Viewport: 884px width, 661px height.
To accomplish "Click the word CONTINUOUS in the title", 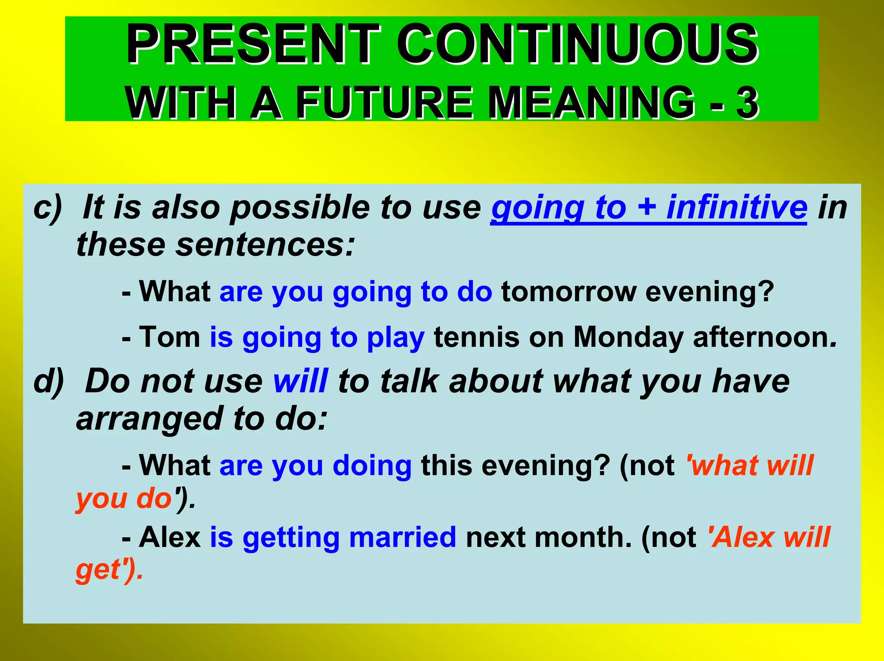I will pyautogui.click(x=577, y=44).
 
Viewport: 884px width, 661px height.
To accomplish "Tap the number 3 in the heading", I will pyautogui.click(x=747, y=103).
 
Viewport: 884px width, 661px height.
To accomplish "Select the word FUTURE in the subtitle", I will pyautogui.click(x=385, y=103).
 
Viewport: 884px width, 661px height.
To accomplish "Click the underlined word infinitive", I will pyautogui.click(x=736, y=207).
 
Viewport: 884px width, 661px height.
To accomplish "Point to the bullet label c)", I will pyautogui.click(x=48, y=207).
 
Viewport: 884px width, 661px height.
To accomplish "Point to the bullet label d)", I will pyautogui.click(x=49, y=381).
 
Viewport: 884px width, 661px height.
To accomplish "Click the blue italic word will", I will pyautogui.click(x=300, y=381).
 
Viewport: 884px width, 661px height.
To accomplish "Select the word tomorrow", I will pyautogui.click(x=568, y=292).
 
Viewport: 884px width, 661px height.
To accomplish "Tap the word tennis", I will pyautogui.click(x=477, y=337).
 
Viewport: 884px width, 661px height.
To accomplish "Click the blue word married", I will pyautogui.click(x=402, y=538).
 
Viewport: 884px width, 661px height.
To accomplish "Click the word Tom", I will pyautogui.click(x=169, y=337).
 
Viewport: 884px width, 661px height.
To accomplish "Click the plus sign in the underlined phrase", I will pyautogui.click(x=646, y=207).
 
